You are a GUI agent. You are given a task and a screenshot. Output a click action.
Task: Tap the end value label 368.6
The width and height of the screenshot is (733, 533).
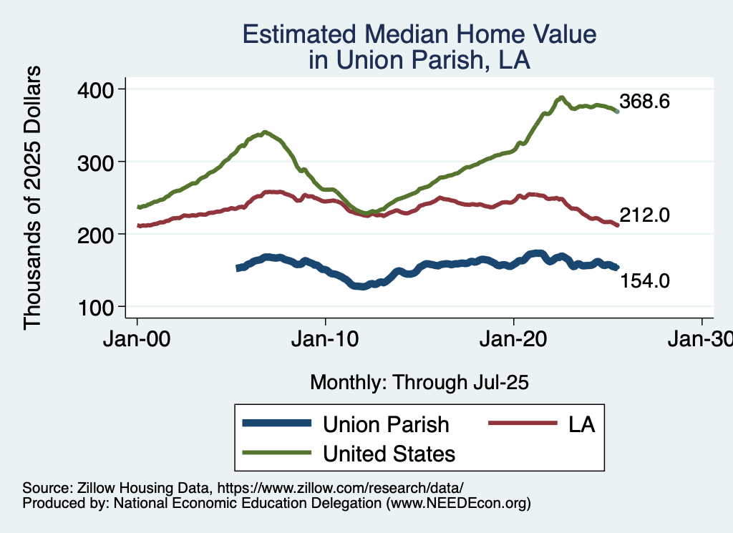pos(645,102)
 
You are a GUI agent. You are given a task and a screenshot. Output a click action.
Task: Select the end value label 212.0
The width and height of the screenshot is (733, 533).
pos(645,214)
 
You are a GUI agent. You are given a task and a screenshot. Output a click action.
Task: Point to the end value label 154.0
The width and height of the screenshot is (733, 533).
pos(645,280)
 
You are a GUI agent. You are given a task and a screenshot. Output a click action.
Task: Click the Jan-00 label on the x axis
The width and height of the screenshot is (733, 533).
pos(137,340)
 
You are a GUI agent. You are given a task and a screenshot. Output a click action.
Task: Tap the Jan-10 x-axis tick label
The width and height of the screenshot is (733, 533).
pos(326,340)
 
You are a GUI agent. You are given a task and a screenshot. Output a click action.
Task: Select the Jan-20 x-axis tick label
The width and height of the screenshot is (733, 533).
pos(514,340)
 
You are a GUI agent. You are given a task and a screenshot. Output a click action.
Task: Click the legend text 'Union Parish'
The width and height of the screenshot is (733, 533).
pos(386,424)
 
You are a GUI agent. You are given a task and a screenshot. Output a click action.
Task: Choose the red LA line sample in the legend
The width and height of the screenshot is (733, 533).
pos(523,424)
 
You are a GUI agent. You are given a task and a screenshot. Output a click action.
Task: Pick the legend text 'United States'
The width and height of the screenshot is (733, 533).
pos(389,453)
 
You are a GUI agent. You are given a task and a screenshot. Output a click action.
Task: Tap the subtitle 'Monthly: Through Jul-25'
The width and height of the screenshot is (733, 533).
pos(419,383)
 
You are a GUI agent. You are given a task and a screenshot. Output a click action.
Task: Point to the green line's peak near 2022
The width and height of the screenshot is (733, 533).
pos(562,97)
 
